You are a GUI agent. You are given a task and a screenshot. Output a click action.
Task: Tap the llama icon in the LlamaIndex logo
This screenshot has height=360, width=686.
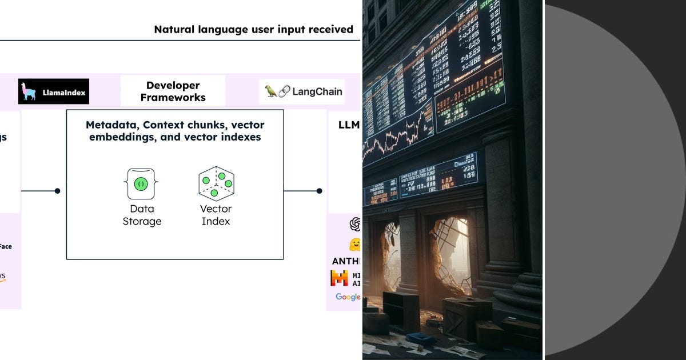click(29, 91)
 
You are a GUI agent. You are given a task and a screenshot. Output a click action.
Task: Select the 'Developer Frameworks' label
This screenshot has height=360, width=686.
click(173, 91)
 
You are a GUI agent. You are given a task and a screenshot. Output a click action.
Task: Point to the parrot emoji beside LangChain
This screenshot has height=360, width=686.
click(271, 91)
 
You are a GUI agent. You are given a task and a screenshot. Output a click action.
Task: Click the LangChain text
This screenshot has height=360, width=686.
click(317, 91)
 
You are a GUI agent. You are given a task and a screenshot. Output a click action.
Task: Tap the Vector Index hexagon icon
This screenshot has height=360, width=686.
click(216, 183)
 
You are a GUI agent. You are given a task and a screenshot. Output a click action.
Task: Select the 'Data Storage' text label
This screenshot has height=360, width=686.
click(142, 215)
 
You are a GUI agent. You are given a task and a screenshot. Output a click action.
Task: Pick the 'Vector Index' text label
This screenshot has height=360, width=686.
click(216, 215)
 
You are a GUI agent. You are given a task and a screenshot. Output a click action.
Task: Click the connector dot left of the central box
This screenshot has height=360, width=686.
click(57, 191)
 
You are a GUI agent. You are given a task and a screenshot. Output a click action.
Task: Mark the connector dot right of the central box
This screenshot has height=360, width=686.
click(319, 191)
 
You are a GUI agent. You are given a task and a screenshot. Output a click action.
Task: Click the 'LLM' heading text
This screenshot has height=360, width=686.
click(345, 125)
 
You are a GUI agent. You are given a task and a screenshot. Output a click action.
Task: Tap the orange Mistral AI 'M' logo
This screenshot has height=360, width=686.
click(340, 278)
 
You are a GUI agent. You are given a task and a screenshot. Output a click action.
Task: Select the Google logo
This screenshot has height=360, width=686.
click(348, 297)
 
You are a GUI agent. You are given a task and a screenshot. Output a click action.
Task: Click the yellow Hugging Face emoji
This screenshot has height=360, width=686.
click(355, 245)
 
